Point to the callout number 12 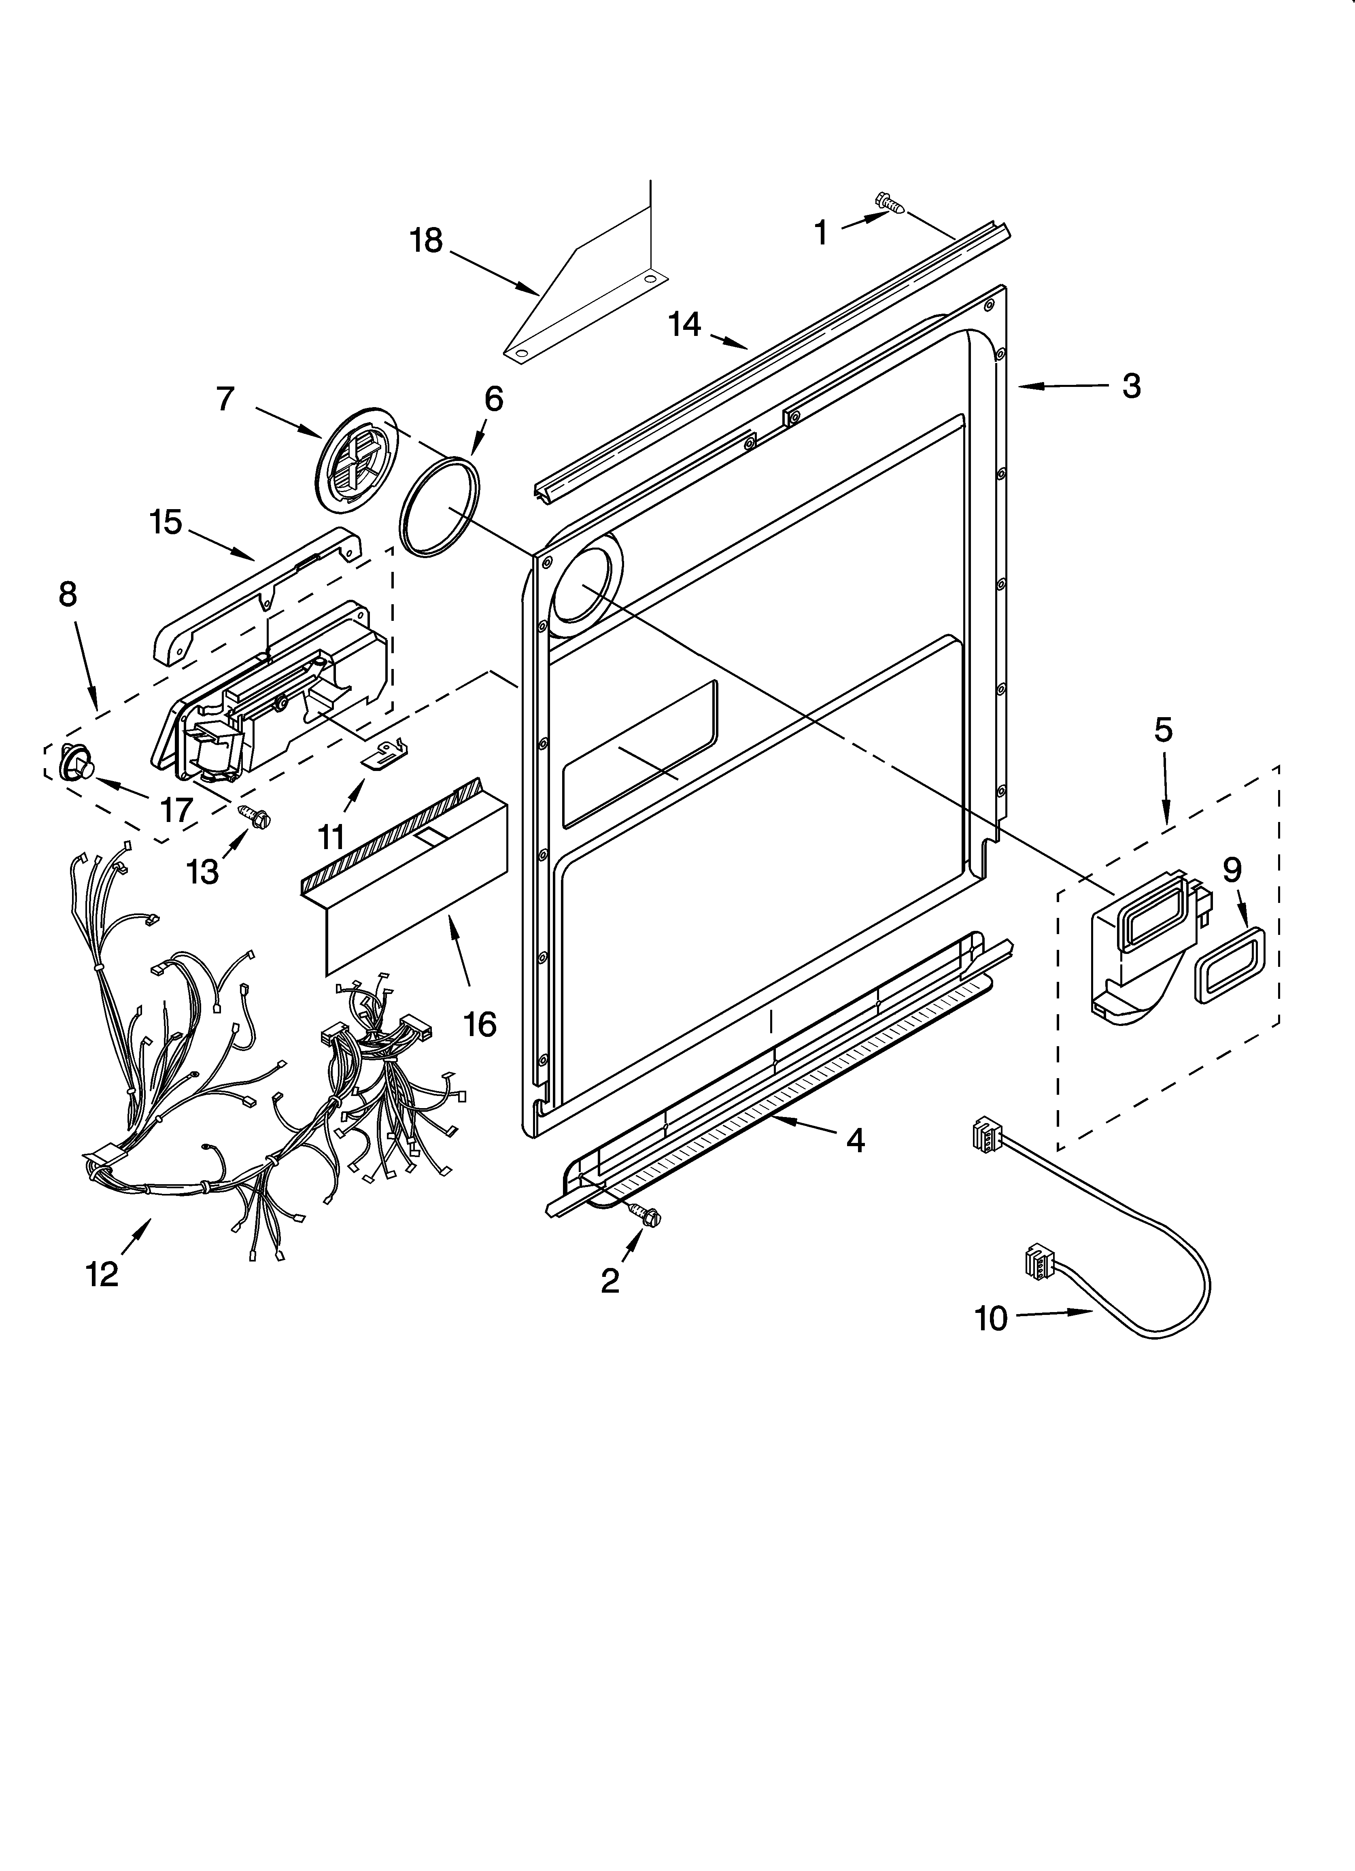coord(102,1275)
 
